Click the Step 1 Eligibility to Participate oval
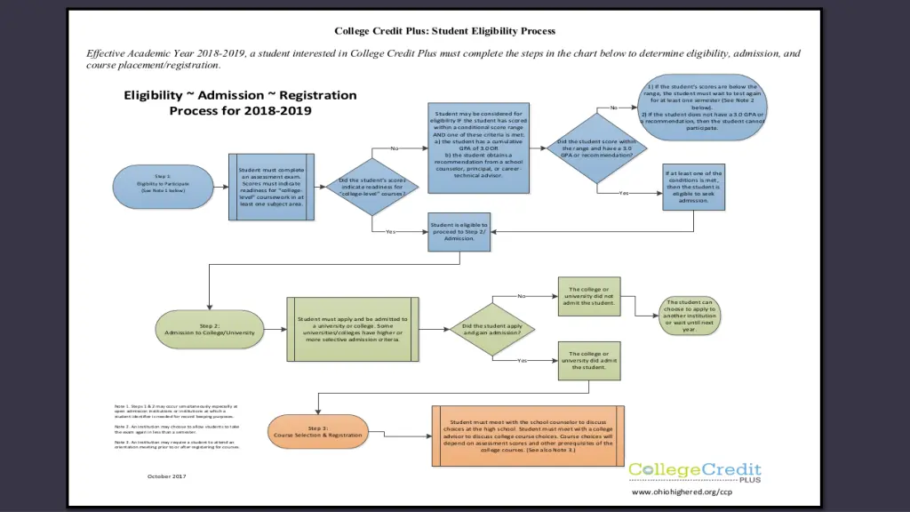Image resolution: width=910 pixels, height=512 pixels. [163, 184]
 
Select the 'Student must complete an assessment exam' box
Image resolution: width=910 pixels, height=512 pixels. [271, 187]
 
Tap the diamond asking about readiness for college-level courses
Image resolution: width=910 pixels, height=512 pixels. [372, 188]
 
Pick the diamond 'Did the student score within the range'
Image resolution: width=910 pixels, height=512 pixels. [595, 148]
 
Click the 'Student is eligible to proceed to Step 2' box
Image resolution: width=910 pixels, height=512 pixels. [459, 231]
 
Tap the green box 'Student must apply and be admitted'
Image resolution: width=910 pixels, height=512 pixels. [353, 329]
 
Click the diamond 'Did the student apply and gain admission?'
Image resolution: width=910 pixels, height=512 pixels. [491, 329]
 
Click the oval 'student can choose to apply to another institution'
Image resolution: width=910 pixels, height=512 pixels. [690, 315]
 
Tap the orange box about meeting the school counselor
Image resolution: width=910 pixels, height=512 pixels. [528, 436]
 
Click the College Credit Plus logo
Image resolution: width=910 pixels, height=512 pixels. [694, 471]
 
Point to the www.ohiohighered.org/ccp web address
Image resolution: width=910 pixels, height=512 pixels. [682, 492]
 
